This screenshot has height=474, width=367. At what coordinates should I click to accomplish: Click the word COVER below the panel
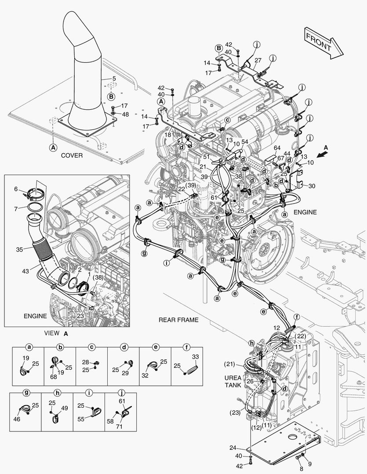[x=72, y=155]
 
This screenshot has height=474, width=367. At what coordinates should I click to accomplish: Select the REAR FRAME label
[x=178, y=320]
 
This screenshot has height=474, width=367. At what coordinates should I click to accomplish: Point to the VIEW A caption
[x=56, y=334]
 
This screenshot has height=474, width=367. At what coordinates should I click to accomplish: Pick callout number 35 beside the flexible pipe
[x=19, y=250]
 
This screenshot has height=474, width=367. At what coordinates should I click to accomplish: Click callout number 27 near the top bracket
[x=258, y=60]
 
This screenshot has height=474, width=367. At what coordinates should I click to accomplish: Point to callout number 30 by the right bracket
[x=312, y=185]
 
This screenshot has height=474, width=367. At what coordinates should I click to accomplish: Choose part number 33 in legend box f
[x=195, y=357]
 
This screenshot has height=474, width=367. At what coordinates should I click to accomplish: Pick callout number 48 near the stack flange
[x=125, y=114]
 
